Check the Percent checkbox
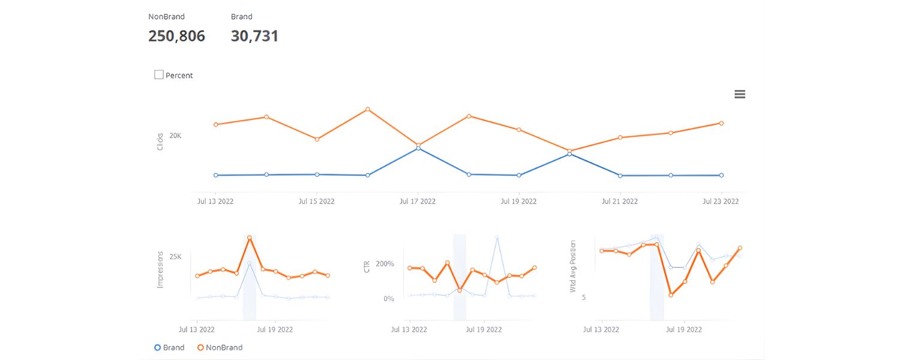tap(159, 75)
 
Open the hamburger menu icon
tap(740, 94)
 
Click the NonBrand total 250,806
tap(176, 36)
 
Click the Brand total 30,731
tap(254, 36)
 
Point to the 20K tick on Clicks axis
tap(175, 136)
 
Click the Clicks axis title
tap(160, 142)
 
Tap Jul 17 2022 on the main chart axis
tap(418, 202)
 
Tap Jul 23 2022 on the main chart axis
tap(721, 202)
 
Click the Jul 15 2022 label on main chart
tap(316, 202)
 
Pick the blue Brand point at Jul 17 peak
tap(418, 148)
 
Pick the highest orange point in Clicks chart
tap(368, 109)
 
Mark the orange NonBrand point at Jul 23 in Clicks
tap(721, 123)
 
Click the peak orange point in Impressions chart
tap(250, 238)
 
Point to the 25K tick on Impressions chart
tap(175, 257)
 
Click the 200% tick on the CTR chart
tap(385, 264)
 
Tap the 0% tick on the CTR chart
tap(388, 299)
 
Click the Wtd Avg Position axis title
tap(573, 266)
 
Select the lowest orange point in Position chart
tap(671, 295)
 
